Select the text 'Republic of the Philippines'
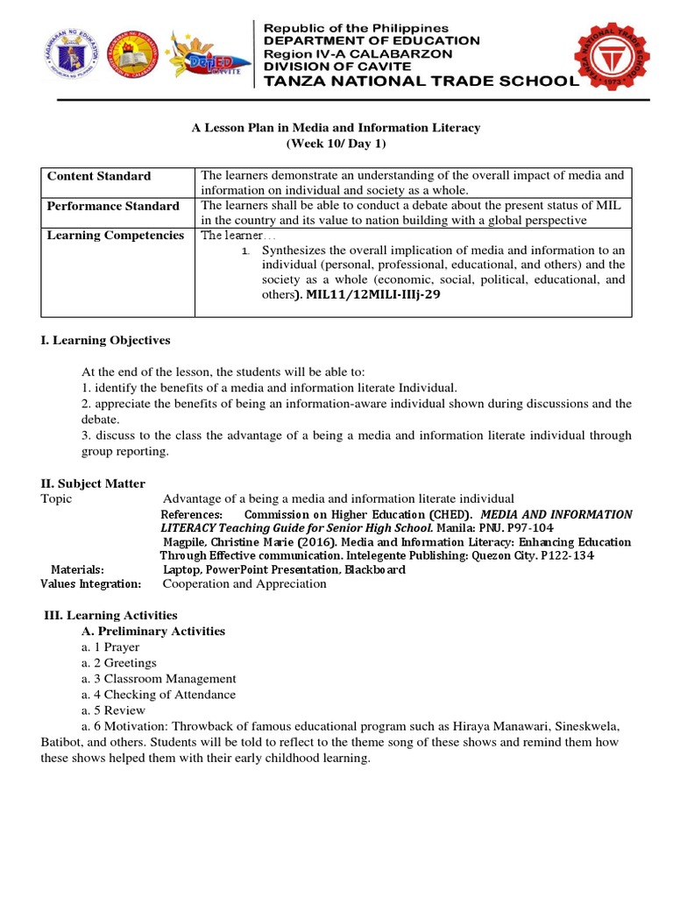(x=351, y=28)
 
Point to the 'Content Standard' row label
(x=98, y=176)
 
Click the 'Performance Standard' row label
(x=113, y=206)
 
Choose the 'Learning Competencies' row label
(x=115, y=235)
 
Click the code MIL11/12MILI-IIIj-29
(x=373, y=295)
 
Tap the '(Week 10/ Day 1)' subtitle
(x=336, y=144)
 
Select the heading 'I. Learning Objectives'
(x=105, y=340)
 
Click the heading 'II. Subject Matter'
(x=93, y=484)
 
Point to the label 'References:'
(x=192, y=514)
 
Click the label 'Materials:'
(x=77, y=569)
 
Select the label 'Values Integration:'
(x=91, y=583)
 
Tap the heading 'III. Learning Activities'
(x=110, y=616)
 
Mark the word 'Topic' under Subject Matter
(x=56, y=498)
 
